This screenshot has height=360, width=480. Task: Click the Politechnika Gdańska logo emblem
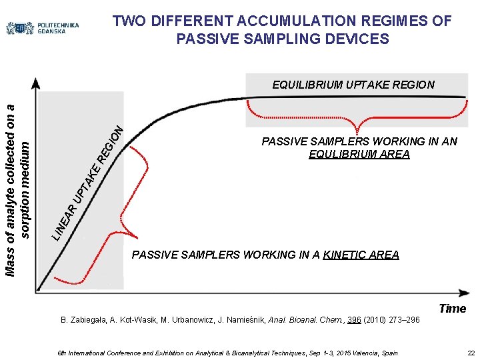20,28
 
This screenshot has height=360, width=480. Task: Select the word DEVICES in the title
355,39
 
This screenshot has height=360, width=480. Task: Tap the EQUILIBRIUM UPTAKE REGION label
353,85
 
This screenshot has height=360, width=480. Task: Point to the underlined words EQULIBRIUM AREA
359,154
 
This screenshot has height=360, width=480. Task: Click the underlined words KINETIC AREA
361,255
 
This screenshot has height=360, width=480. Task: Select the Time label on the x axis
453,308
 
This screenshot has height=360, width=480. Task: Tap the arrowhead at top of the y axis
36,82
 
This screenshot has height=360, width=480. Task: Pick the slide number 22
471,353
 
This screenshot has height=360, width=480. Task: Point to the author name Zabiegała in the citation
87,320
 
